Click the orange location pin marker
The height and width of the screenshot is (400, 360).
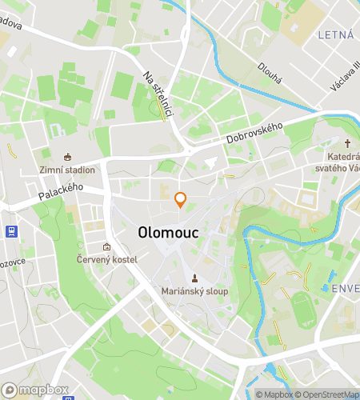181,200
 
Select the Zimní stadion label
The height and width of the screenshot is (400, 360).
67,170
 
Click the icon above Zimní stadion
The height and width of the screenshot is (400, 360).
67,156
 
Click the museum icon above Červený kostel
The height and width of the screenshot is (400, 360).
107,246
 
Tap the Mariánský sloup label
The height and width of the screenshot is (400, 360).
194,291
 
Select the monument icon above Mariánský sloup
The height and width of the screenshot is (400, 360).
194,278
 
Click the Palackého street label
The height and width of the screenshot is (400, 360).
61,190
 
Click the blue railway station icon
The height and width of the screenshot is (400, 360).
11,232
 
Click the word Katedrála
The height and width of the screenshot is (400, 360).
342,158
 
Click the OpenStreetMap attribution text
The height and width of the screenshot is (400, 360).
326,394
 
